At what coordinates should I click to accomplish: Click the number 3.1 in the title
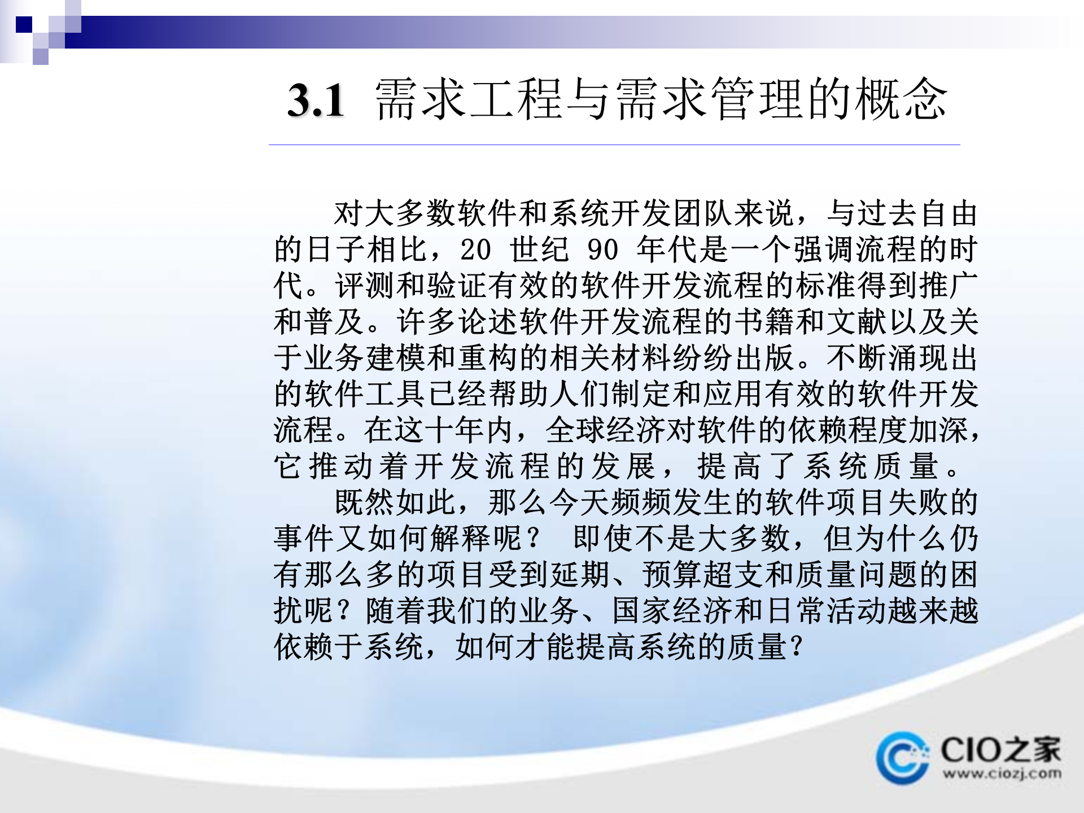point(316,100)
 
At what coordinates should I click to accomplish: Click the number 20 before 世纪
point(475,250)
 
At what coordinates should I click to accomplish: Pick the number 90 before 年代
point(603,250)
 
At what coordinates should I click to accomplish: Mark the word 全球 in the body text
point(576,430)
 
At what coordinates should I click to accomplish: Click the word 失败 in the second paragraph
point(917,502)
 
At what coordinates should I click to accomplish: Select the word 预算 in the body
point(672,575)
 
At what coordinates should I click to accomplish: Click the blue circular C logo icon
point(902,758)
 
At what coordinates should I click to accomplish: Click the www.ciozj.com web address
point(1002,773)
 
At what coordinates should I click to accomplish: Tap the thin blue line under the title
point(614,145)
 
